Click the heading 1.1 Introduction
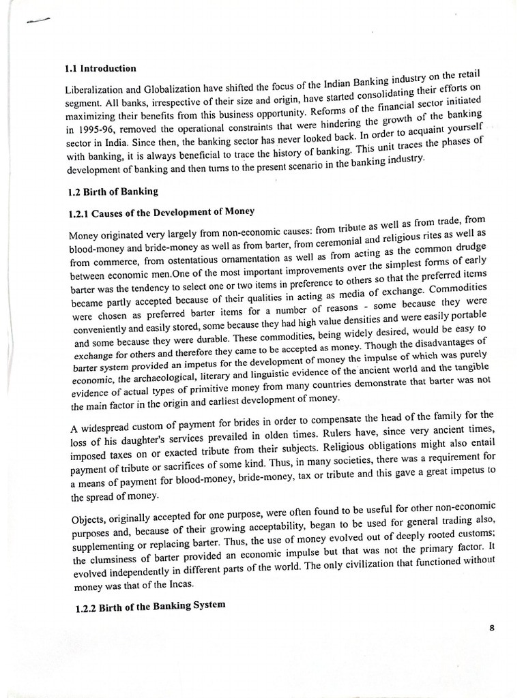coord(100,69)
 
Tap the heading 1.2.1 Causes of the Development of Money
coord(162,214)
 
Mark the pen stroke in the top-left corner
coord(40,20)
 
